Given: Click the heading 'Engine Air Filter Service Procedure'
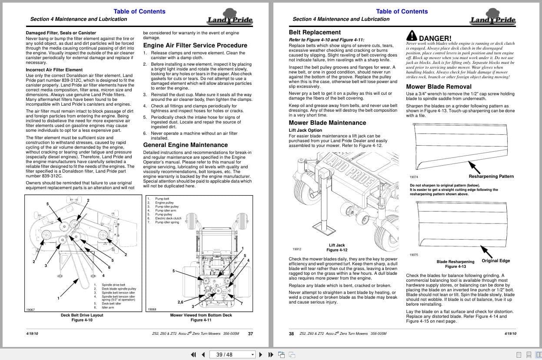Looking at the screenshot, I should pyautogui.click(x=195, y=45).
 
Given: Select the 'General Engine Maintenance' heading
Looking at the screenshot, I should pyautogui.click(x=185, y=145).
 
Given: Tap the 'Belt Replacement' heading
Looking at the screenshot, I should pyautogui.click(x=315, y=32).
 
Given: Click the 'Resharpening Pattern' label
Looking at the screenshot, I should pyautogui.click(x=491, y=177).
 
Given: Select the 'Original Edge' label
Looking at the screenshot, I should pyautogui.click(x=495, y=261).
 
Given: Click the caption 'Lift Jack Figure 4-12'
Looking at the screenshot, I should pyautogui.click(x=337, y=247).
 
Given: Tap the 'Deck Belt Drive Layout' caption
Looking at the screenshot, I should pyautogui.click(x=82, y=315).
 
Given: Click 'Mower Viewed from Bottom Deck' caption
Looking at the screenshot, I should pyautogui.click(x=201, y=315).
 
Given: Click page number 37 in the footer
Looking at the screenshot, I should pyautogui.click(x=250, y=334).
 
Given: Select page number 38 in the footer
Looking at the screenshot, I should pyautogui.click(x=291, y=334).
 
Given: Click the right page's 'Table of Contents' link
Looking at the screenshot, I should pyautogui.click(x=402, y=11).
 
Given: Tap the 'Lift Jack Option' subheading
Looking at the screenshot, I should pyautogui.click(x=306, y=130).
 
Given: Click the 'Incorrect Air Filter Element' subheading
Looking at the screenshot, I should pyautogui.click(x=54, y=70).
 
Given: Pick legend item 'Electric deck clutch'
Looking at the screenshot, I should pyautogui.click(x=168, y=218).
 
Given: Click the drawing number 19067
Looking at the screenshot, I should pyautogui.click(x=30, y=310).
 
